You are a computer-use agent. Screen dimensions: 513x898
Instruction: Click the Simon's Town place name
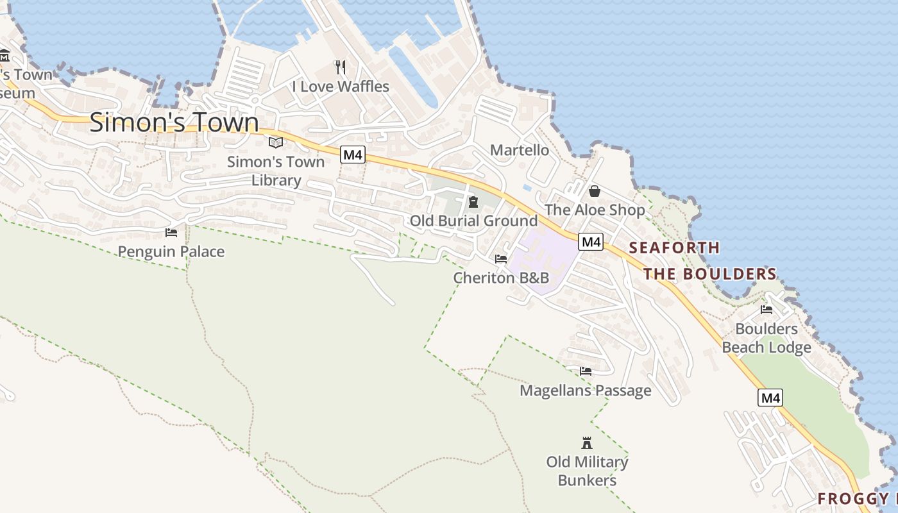point(174,122)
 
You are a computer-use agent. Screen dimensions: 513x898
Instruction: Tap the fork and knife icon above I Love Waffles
point(341,67)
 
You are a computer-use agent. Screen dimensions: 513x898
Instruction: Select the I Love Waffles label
point(341,86)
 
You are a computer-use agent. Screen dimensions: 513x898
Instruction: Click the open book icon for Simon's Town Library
point(276,142)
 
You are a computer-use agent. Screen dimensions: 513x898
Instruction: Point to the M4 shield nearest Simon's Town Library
point(352,155)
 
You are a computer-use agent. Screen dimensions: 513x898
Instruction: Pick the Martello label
point(520,150)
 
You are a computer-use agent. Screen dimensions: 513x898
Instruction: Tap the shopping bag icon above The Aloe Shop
point(595,191)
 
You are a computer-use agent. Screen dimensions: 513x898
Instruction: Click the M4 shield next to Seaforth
point(591,242)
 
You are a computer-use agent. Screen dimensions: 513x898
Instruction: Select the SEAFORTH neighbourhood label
point(674,248)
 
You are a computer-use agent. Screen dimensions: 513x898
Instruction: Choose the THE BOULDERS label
point(710,274)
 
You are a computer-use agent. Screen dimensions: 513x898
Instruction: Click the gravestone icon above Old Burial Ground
point(473,203)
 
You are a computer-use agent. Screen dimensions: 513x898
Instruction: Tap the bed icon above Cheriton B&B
point(501,259)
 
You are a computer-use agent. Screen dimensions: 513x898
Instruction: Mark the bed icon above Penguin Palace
point(171,233)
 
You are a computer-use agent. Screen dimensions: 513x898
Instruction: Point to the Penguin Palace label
point(171,251)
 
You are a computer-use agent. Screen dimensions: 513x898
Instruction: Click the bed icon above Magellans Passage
point(585,371)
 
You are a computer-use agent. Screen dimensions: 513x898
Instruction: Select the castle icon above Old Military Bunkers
point(586,442)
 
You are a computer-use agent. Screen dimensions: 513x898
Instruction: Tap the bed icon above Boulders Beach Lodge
point(766,310)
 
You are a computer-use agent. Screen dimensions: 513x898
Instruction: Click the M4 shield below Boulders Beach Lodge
point(770,398)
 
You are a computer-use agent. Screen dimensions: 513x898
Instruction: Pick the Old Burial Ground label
point(473,221)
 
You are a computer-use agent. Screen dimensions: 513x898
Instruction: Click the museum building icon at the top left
point(4,55)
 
